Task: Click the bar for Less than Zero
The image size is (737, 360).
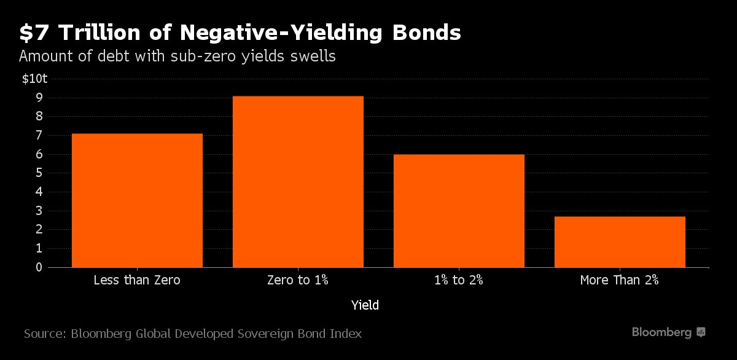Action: tap(137, 200)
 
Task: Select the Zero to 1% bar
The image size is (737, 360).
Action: tap(298, 182)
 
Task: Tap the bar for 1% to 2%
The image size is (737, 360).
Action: tap(459, 211)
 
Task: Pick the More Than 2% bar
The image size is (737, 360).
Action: tap(620, 241)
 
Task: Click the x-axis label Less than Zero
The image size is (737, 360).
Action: tap(137, 281)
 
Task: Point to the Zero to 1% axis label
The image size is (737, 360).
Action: tap(298, 281)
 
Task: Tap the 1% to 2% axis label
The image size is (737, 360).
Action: tap(459, 281)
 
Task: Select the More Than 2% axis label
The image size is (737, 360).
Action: tap(619, 281)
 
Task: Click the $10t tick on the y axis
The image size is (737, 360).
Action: tap(35, 79)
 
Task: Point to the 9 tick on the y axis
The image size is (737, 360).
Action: tap(38, 98)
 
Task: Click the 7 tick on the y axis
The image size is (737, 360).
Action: tap(38, 135)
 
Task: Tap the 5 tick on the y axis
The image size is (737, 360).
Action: tap(38, 173)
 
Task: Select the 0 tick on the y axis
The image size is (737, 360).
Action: tap(38, 268)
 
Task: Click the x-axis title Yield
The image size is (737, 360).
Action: tap(365, 305)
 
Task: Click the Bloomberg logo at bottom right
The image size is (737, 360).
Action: tap(669, 332)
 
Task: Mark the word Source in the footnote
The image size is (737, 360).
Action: tap(44, 334)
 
